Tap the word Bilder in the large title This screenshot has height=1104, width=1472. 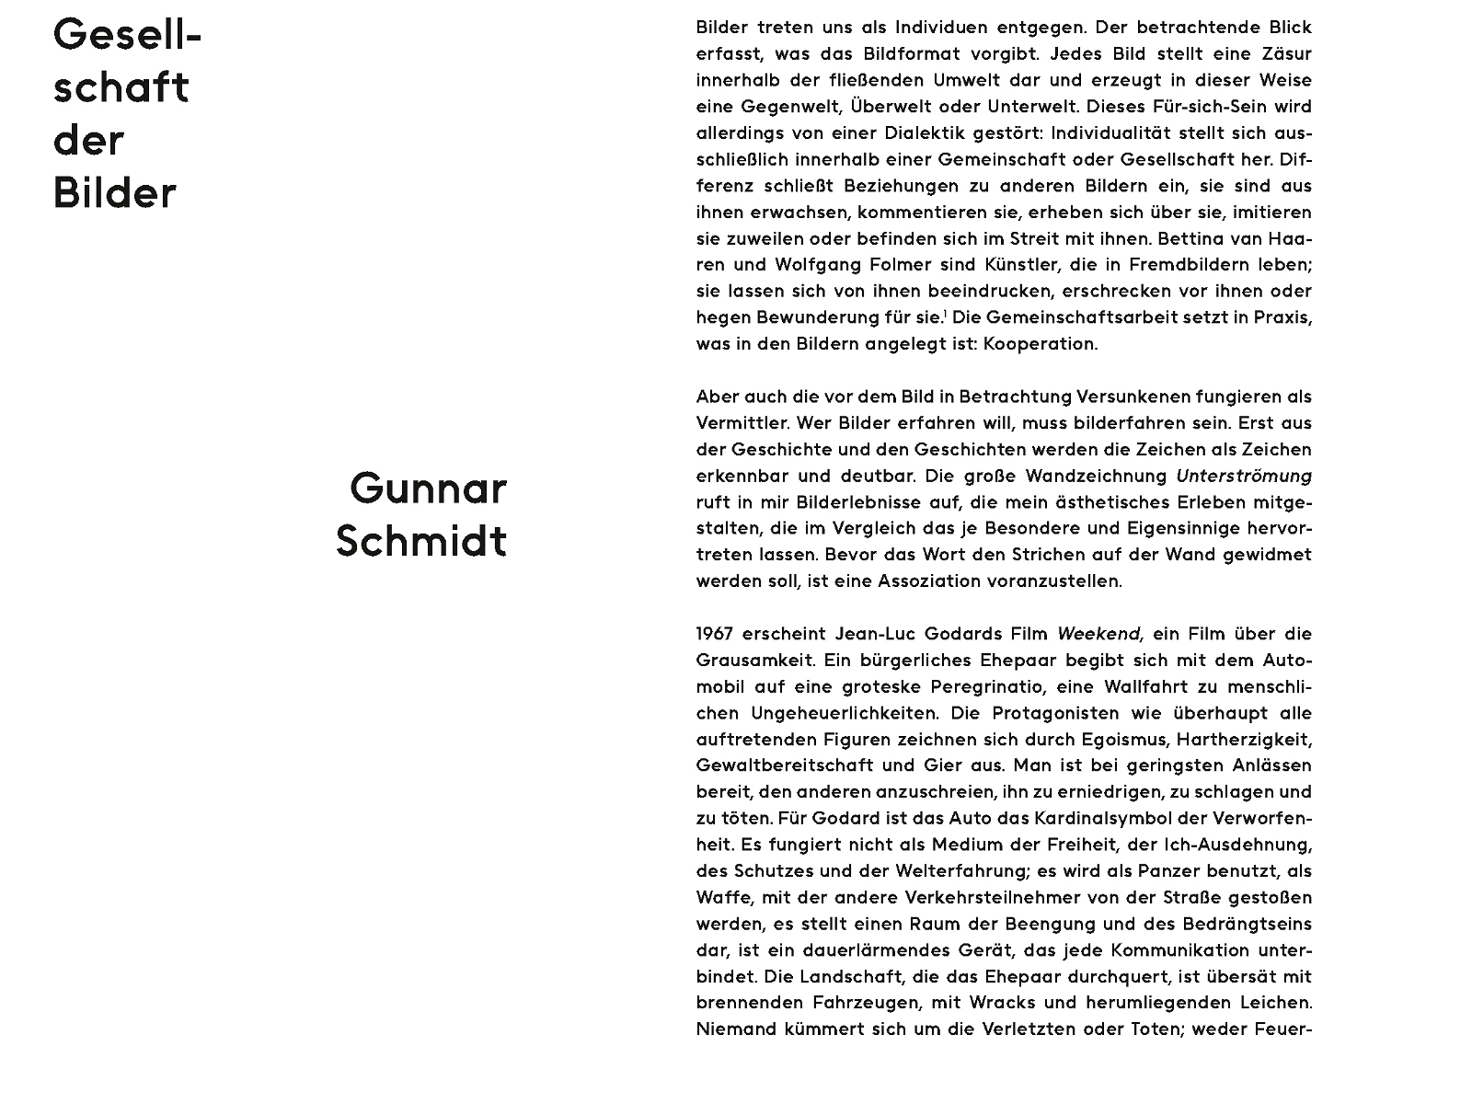114,194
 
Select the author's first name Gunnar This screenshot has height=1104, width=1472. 428,489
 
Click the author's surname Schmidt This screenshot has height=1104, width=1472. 421,541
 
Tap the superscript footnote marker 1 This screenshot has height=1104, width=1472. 945,314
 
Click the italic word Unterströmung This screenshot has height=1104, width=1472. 1244,477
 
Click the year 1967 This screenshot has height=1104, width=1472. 714,634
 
